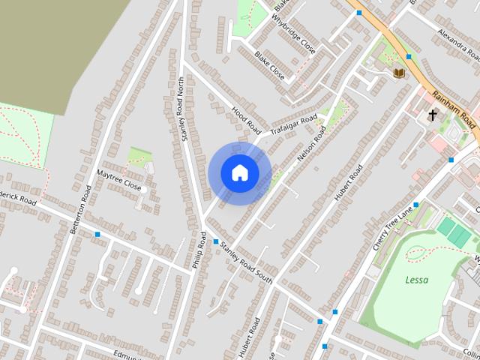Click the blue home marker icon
(240, 173)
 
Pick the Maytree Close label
(118, 179)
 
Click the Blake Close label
(269, 65)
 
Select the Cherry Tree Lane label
(394, 228)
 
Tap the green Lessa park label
(417, 280)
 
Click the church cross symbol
(433, 115)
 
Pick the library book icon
(399, 72)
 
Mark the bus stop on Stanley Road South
(216, 241)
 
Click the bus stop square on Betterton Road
(97, 235)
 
